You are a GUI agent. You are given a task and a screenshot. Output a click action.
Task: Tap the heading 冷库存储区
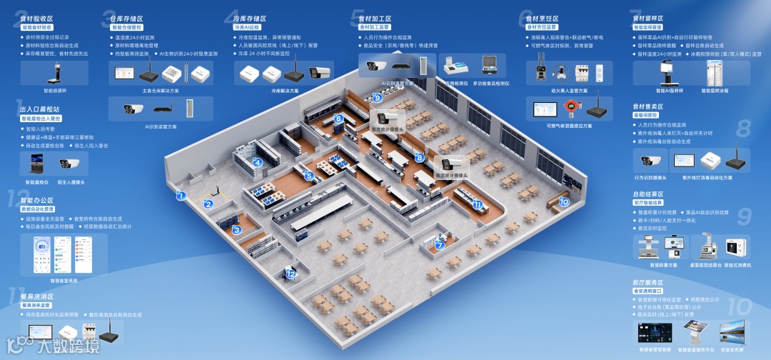click(x=249, y=19)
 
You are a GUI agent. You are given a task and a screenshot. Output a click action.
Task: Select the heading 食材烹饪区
click(x=542, y=19)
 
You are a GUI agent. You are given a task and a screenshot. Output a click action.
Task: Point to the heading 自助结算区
click(x=648, y=194)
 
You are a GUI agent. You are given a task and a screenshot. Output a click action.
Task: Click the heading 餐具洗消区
click(x=37, y=296)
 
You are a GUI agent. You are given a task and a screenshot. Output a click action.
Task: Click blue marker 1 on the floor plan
click(x=181, y=195)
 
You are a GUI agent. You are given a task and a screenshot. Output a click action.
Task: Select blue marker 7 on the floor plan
click(x=440, y=245)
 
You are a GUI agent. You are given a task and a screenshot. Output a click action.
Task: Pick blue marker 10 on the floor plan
click(x=564, y=201)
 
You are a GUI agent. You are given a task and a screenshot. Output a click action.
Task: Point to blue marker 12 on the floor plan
click(x=291, y=274)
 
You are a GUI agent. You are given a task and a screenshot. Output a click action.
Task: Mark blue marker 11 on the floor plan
click(x=477, y=204)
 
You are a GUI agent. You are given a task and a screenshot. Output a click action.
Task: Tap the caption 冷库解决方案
click(x=284, y=91)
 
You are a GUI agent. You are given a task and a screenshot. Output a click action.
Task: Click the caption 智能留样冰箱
click(x=715, y=91)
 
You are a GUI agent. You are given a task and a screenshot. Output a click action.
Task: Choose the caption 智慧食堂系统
click(x=64, y=281)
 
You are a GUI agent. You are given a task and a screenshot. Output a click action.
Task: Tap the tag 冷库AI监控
click(x=248, y=27)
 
